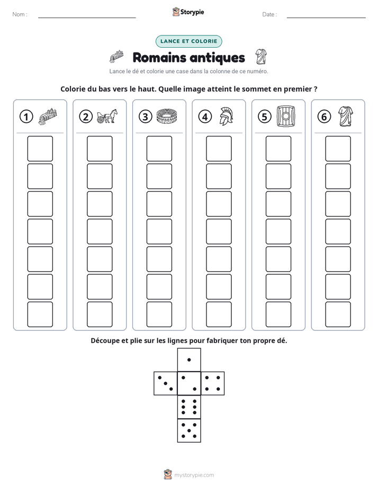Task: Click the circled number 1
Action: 26,117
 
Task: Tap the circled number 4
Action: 205,117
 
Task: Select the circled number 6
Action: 324,117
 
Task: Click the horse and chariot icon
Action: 107,116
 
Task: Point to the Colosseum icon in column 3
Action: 167,116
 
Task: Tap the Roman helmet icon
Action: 227,116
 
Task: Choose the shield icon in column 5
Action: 286,116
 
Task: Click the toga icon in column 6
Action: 346,116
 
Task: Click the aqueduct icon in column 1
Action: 48,117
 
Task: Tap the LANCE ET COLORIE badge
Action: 188,41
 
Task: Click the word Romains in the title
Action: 159,58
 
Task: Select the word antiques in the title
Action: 217,58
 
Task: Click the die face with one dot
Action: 189,360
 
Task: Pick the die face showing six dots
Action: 189,407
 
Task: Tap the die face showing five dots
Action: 189,431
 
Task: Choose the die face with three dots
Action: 166,383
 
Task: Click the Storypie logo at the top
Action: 188,12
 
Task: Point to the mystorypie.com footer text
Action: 194,475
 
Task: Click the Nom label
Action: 20,14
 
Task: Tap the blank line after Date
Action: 326,17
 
